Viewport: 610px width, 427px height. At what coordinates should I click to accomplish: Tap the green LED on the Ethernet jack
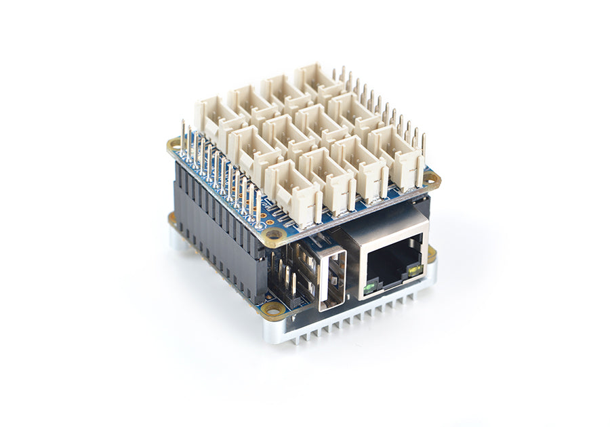pos(369,288)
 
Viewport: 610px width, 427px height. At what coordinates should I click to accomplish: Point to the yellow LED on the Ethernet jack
pos(413,272)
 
